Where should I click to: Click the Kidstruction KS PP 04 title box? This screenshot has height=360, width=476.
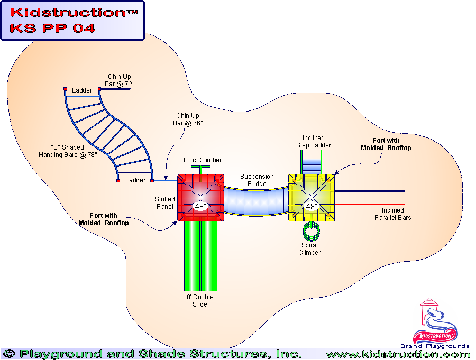(x=72, y=21)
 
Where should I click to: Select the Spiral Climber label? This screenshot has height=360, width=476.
(x=309, y=249)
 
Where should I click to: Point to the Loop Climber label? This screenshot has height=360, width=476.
(x=203, y=160)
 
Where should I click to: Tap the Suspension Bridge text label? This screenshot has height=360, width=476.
(x=257, y=180)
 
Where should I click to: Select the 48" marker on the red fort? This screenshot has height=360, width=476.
(x=200, y=206)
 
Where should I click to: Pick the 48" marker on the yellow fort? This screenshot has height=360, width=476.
(x=311, y=206)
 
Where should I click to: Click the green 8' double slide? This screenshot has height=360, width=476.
(x=200, y=254)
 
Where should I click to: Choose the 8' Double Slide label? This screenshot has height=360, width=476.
(x=200, y=301)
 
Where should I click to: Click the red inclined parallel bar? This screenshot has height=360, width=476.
(x=370, y=204)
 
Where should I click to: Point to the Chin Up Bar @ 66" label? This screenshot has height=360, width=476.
(x=189, y=119)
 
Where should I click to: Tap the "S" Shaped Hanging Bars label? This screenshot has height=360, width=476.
(x=68, y=151)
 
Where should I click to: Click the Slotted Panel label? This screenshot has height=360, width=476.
(x=164, y=202)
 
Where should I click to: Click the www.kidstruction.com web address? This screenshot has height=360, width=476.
(x=398, y=354)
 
